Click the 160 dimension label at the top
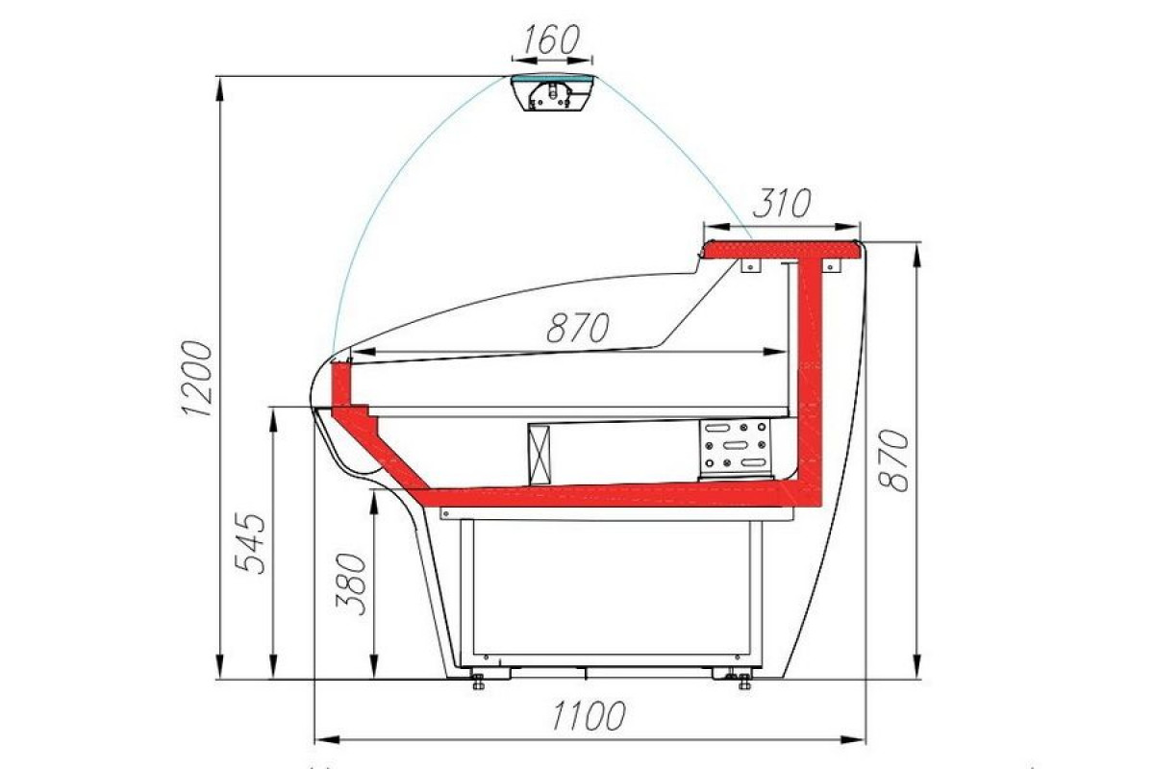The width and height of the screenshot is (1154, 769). point(552,39)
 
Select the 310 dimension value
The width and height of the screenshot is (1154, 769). point(782,203)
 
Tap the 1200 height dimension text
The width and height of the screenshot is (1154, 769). point(197,378)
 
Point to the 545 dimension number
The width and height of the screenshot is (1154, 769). point(250,543)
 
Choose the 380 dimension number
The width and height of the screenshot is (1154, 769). point(351,584)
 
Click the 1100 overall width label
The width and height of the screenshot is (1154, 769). point(589,715)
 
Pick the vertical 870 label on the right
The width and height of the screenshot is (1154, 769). point(893,459)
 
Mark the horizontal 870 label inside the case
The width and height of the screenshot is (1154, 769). point(578,328)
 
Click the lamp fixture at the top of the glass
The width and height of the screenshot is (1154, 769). point(554,92)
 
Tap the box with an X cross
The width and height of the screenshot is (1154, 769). point(539,455)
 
